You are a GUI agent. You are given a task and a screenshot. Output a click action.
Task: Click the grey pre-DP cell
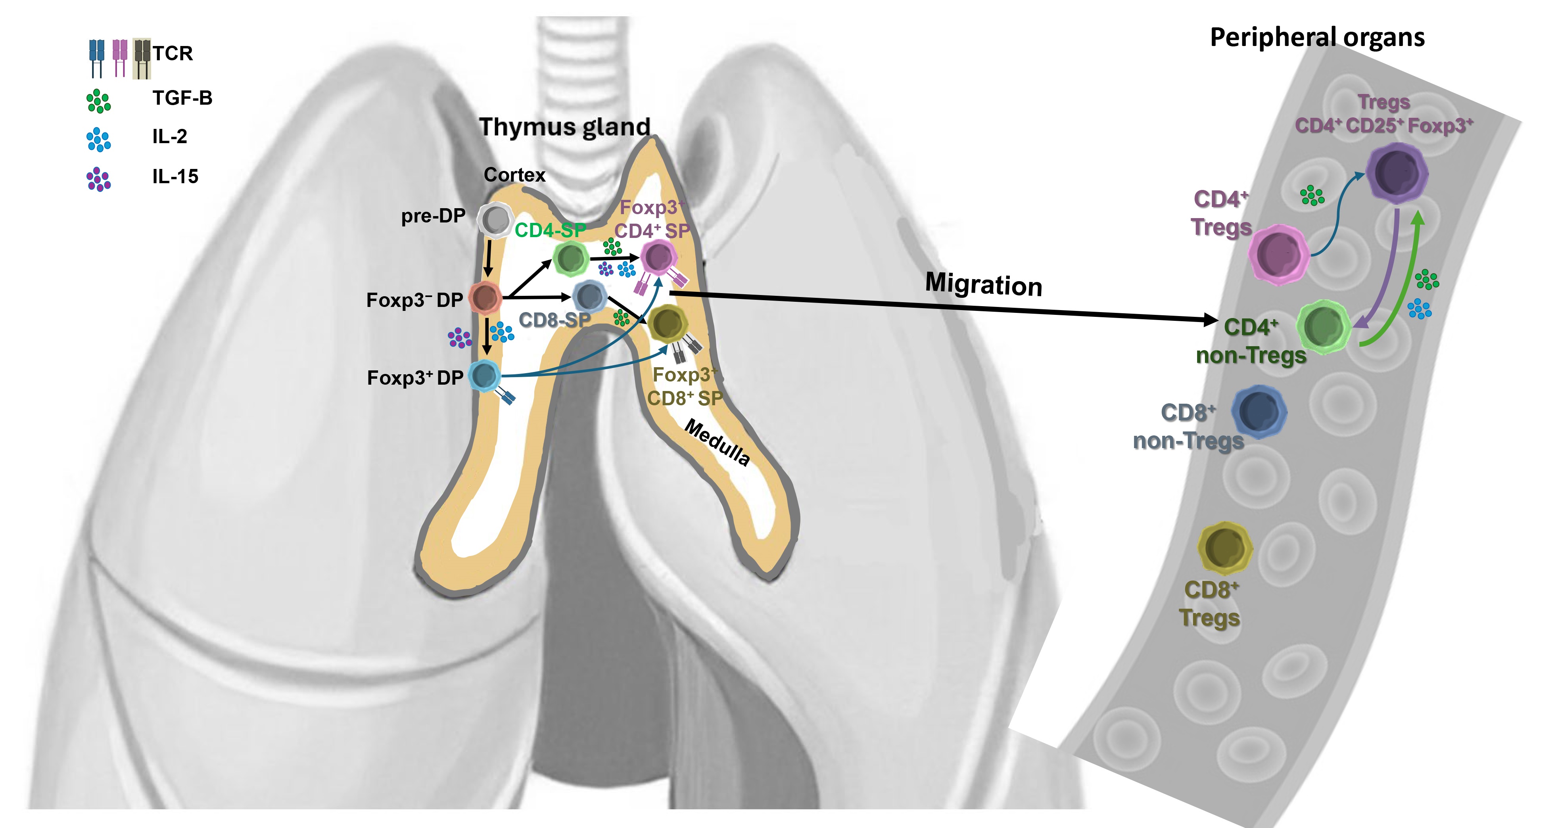tap(496, 220)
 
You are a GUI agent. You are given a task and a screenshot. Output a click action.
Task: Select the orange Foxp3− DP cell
tap(484, 297)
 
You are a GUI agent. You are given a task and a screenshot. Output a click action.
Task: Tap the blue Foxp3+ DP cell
tap(484, 376)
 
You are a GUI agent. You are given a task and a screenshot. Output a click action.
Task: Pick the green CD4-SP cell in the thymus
tap(571, 259)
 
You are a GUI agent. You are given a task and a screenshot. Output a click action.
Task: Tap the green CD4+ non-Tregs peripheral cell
tap(1323, 327)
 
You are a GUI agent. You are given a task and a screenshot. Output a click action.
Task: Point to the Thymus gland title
tap(564, 127)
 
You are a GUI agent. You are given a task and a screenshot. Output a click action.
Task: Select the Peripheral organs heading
tap(1317, 38)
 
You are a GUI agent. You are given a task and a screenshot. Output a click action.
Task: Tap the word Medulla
tap(717, 443)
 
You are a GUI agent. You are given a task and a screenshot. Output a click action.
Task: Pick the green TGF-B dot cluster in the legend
tap(99, 101)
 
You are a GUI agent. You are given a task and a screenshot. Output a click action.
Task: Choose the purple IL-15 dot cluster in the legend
tap(99, 179)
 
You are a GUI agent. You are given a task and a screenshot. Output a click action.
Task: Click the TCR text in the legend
tap(173, 53)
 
